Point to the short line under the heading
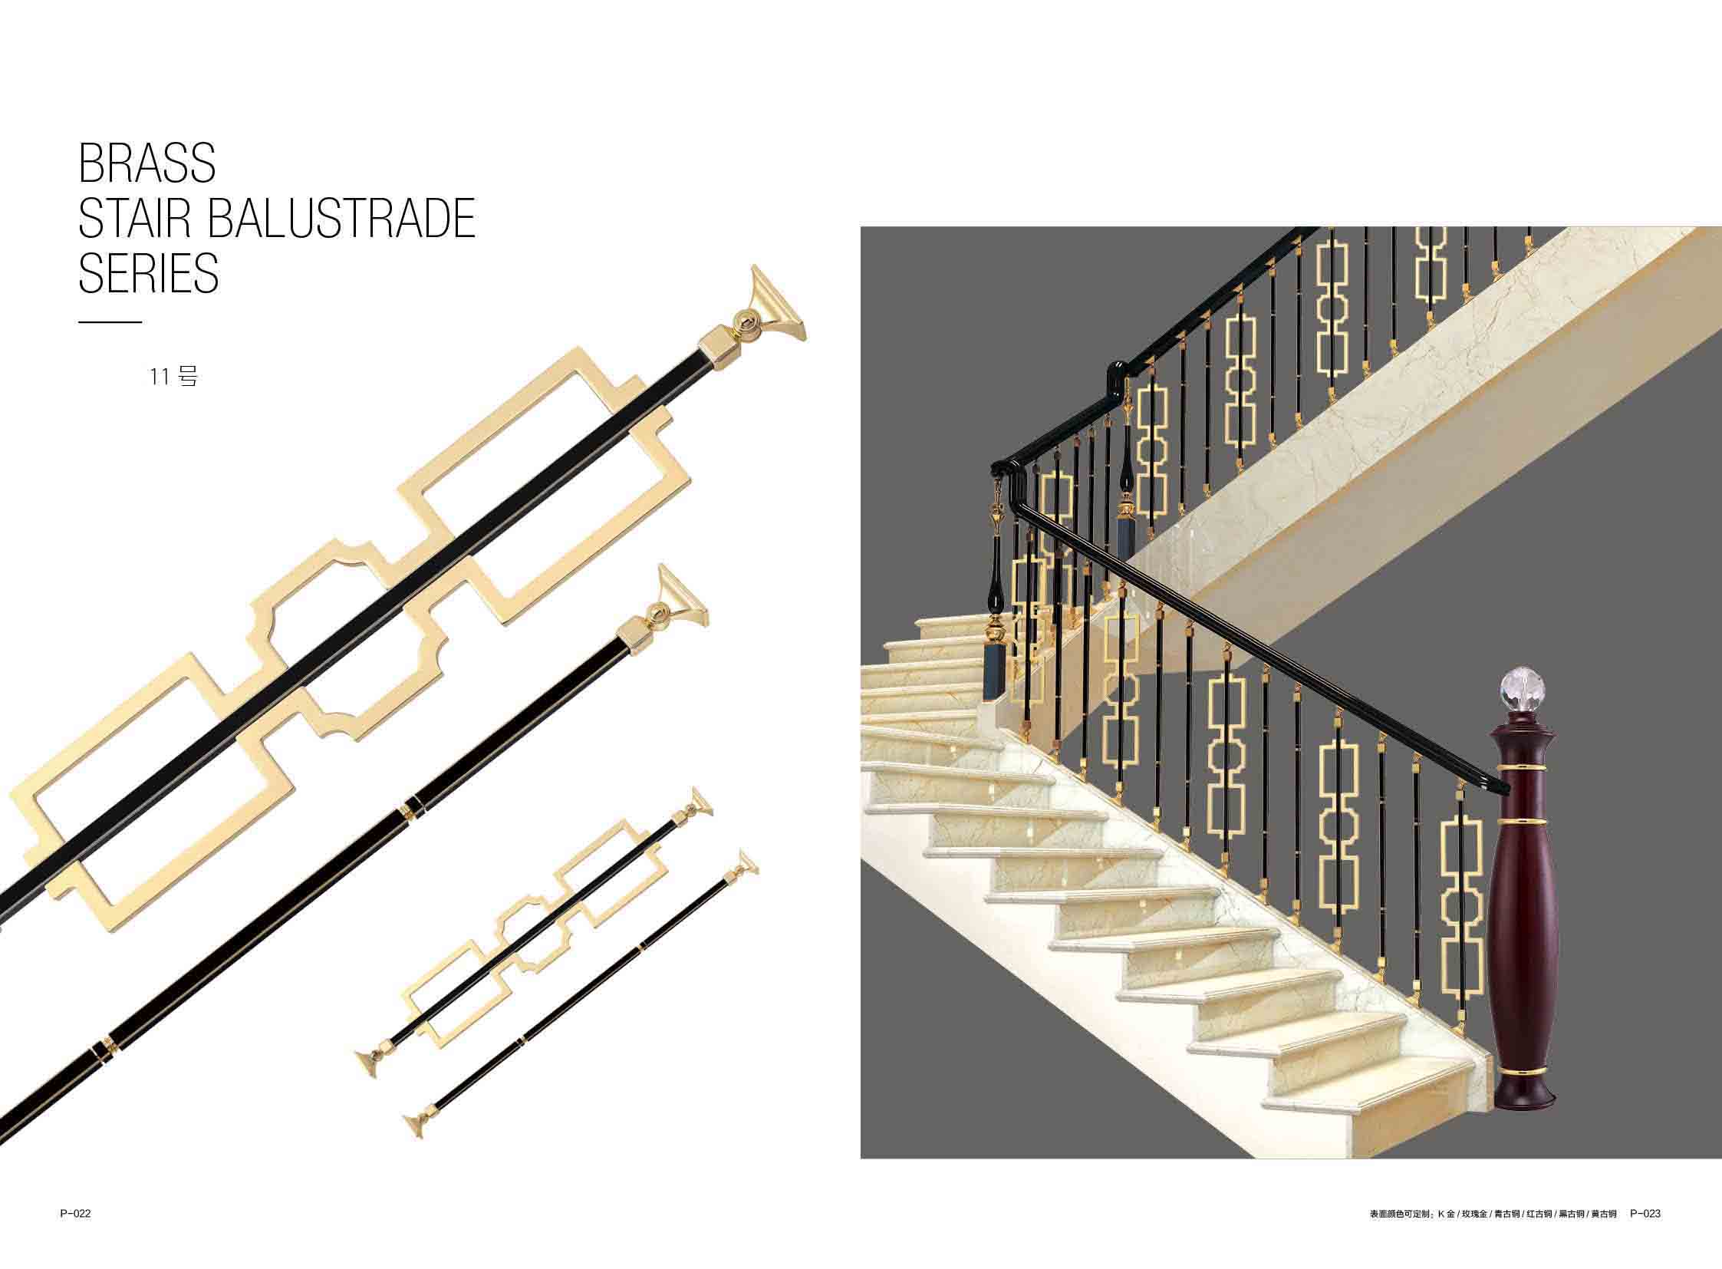[x=110, y=322]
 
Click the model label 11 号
[x=174, y=377]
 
